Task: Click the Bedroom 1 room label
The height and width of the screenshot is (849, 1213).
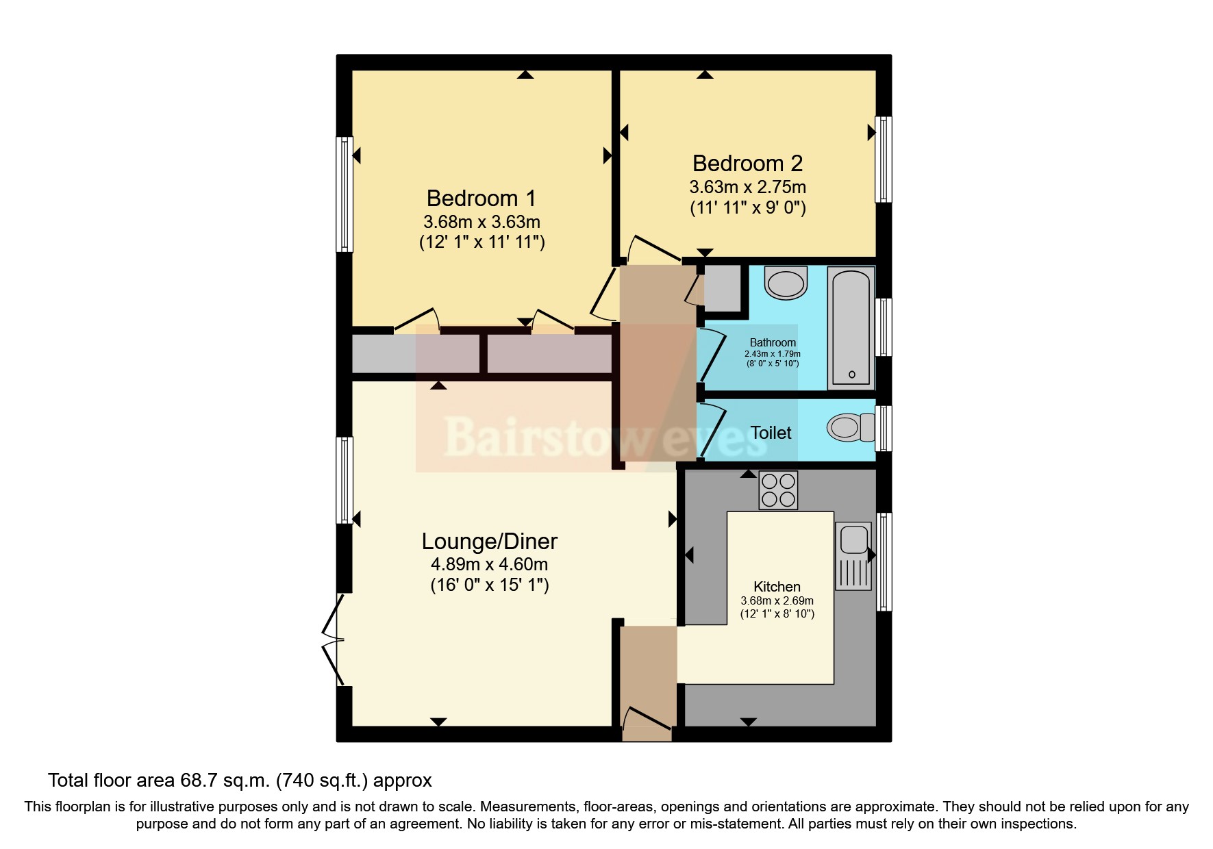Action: click(x=481, y=199)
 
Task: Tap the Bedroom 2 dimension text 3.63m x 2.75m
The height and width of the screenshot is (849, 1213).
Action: click(x=747, y=187)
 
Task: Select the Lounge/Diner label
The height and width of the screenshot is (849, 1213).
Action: click(x=489, y=542)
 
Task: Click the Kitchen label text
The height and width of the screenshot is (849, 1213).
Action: click(x=777, y=587)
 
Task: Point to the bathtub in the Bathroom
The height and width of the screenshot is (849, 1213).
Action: click(x=851, y=328)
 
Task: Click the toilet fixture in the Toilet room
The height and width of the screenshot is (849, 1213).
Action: click(x=850, y=428)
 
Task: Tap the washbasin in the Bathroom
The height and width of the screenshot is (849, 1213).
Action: click(x=786, y=283)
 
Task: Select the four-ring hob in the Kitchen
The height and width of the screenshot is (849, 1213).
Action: click(x=778, y=490)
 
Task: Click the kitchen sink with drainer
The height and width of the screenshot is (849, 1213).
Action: click(x=853, y=556)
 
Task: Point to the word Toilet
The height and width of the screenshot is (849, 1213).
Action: click(x=771, y=433)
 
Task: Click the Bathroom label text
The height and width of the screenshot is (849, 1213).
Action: click(x=773, y=342)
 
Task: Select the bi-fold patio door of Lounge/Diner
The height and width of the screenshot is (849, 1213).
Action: click(x=332, y=640)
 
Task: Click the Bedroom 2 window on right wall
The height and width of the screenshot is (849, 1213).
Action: click(x=884, y=159)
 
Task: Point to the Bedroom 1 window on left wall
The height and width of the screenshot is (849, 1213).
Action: click(x=344, y=194)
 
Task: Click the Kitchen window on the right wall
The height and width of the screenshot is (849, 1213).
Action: click(x=884, y=561)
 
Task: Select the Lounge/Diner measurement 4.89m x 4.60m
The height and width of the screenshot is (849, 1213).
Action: click(x=489, y=565)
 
